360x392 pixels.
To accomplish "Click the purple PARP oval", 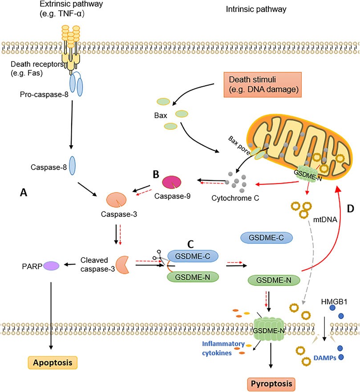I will coord(52,266).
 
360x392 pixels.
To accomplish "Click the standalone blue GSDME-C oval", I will coord(266,238).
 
